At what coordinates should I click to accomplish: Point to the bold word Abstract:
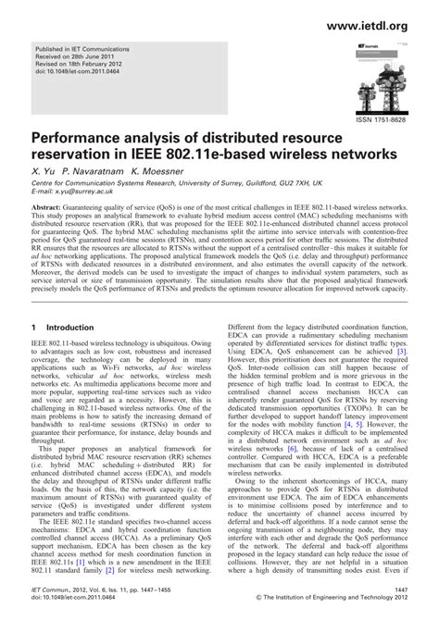point(50,214)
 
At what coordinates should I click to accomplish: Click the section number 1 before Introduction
point(34,329)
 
